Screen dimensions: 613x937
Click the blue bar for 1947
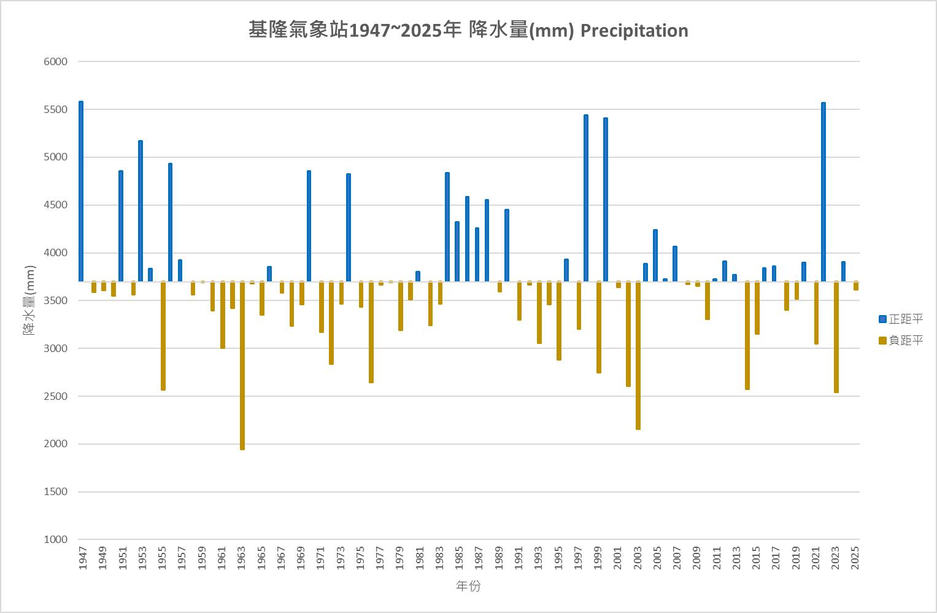[81, 191]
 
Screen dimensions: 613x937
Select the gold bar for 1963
[242, 365]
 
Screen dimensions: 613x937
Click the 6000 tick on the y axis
[55, 61]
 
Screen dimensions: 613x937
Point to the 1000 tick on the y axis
[55, 539]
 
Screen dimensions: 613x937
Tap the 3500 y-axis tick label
[55, 300]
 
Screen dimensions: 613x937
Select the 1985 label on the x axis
[459, 558]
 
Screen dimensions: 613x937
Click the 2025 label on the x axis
[855, 558]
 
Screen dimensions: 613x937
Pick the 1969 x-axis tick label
[301, 558]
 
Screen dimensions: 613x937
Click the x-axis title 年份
[468, 587]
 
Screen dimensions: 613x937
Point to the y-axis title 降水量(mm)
[29, 300]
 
